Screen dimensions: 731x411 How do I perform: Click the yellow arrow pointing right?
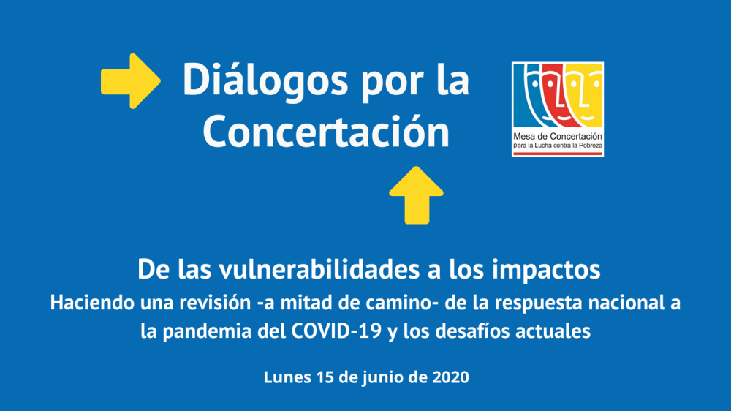pos(131,81)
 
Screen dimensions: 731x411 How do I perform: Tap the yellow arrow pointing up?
pos(417,195)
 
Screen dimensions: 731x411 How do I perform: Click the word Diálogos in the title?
pos(265,80)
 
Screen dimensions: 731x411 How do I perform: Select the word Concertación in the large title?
pos(326,132)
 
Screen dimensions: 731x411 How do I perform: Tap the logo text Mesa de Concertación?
pos(558,137)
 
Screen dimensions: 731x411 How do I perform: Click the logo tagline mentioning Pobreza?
pos(558,146)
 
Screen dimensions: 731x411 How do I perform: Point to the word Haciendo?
pos(86,302)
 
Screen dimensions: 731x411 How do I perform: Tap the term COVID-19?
pos(336,331)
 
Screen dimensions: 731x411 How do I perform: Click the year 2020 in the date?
pos(450,377)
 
